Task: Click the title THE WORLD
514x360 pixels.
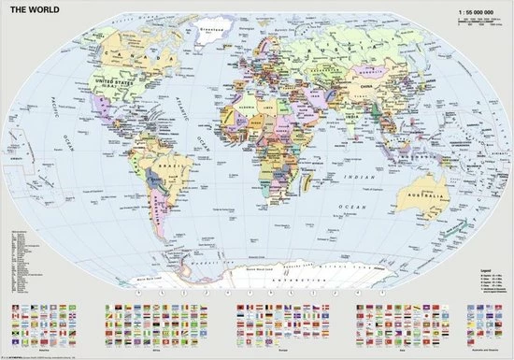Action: point(38,9)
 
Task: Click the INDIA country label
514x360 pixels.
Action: point(348,122)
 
